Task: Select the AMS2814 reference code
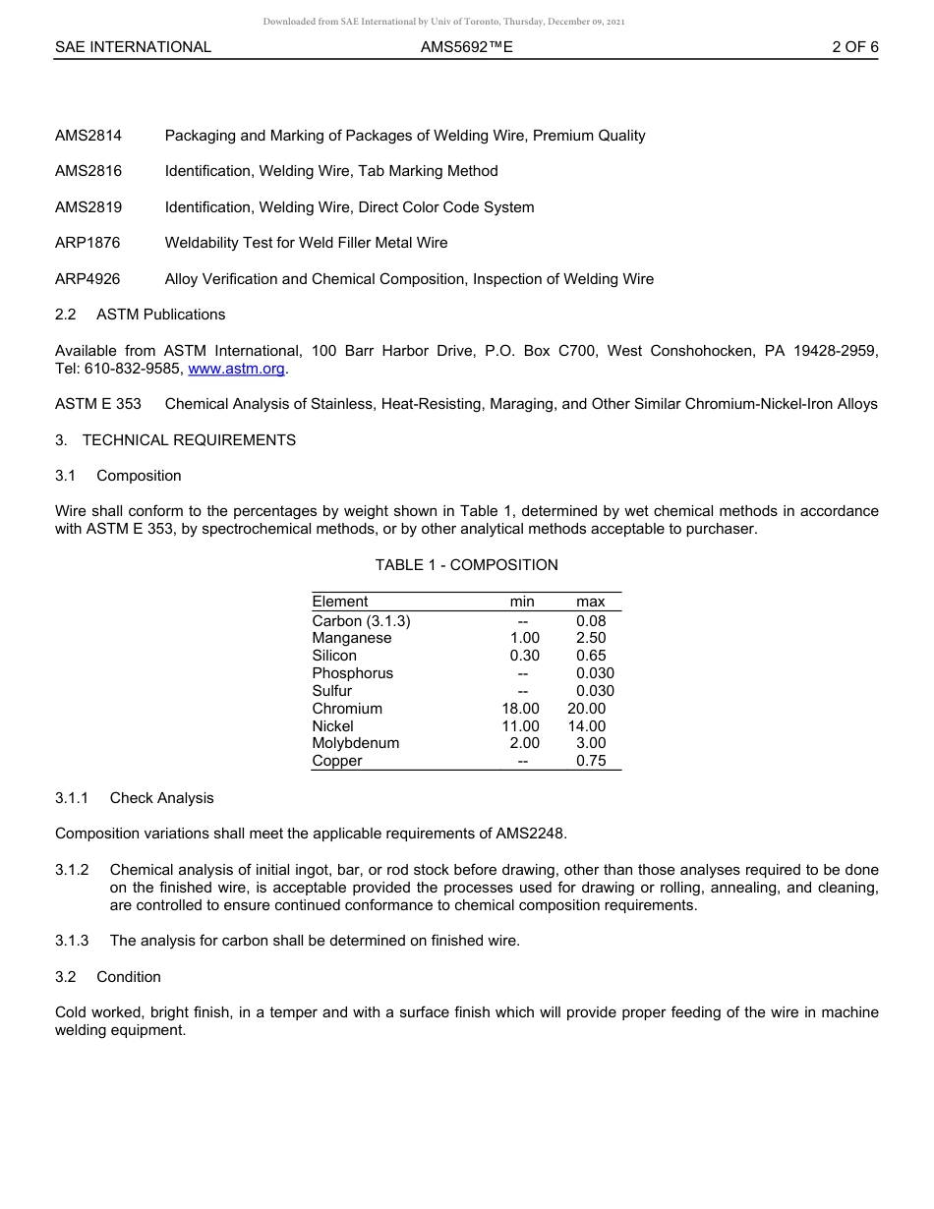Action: [x=88, y=136]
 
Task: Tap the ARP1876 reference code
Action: [x=88, y=243]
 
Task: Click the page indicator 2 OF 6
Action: [x=854, y=46]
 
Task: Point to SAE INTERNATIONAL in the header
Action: [x=133, y=46]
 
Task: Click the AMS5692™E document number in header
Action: [x=466, y=46]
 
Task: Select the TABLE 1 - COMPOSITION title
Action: [x=466, y=565]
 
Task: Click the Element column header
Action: [x=340, y=602]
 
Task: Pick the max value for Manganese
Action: [x=591, y=638]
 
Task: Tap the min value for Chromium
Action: [x=520, y=709]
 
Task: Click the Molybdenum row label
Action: [x=356, y=743]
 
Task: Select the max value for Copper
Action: [x=591, y=761]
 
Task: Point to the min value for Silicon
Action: [x=524, y=656]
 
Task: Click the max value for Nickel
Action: [x=587, y=726]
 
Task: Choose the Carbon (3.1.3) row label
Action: [x=361, y=620]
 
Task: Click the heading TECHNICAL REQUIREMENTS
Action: [x=189, y=440]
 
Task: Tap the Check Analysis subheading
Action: [x=161, y=798]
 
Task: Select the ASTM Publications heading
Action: [x=160, y=315]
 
